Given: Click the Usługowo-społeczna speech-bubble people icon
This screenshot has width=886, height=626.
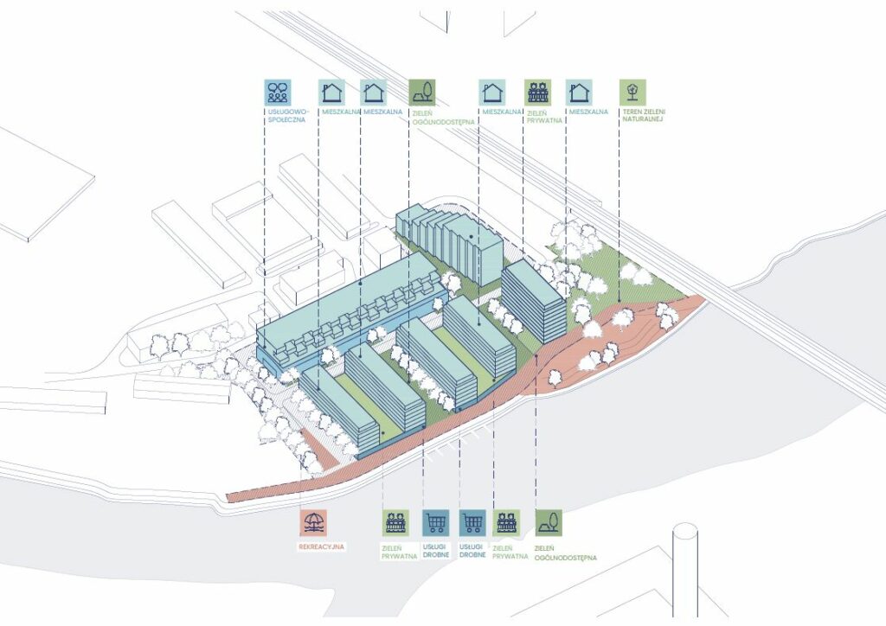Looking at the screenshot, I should click(x=278, y=92).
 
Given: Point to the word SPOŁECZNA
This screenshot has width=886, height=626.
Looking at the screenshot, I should click(x=282, y=122).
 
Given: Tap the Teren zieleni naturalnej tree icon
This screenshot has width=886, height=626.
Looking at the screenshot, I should click(x=632, y=92).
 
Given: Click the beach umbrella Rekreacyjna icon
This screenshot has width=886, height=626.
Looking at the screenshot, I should click(x=312, y=523).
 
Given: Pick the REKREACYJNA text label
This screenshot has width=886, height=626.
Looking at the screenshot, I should click(x=313, y=547).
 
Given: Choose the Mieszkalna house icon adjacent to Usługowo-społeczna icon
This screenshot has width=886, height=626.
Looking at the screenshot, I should click(x=331, y=92).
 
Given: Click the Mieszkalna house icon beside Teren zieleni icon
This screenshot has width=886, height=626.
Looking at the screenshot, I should click(x=580, y=92).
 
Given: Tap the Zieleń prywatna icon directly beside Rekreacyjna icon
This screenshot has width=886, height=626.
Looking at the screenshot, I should click(x=396, y=523).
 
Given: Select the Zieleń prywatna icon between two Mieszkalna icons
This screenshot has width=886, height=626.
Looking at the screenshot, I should click(x=537, y=92).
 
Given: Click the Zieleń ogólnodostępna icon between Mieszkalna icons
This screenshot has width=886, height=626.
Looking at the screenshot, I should click(x=421, y=92).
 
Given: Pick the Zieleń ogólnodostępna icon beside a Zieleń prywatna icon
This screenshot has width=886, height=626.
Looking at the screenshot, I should click(x=548, y=523).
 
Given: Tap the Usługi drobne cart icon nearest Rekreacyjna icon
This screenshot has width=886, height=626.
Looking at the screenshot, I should click(x=434, y=523).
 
